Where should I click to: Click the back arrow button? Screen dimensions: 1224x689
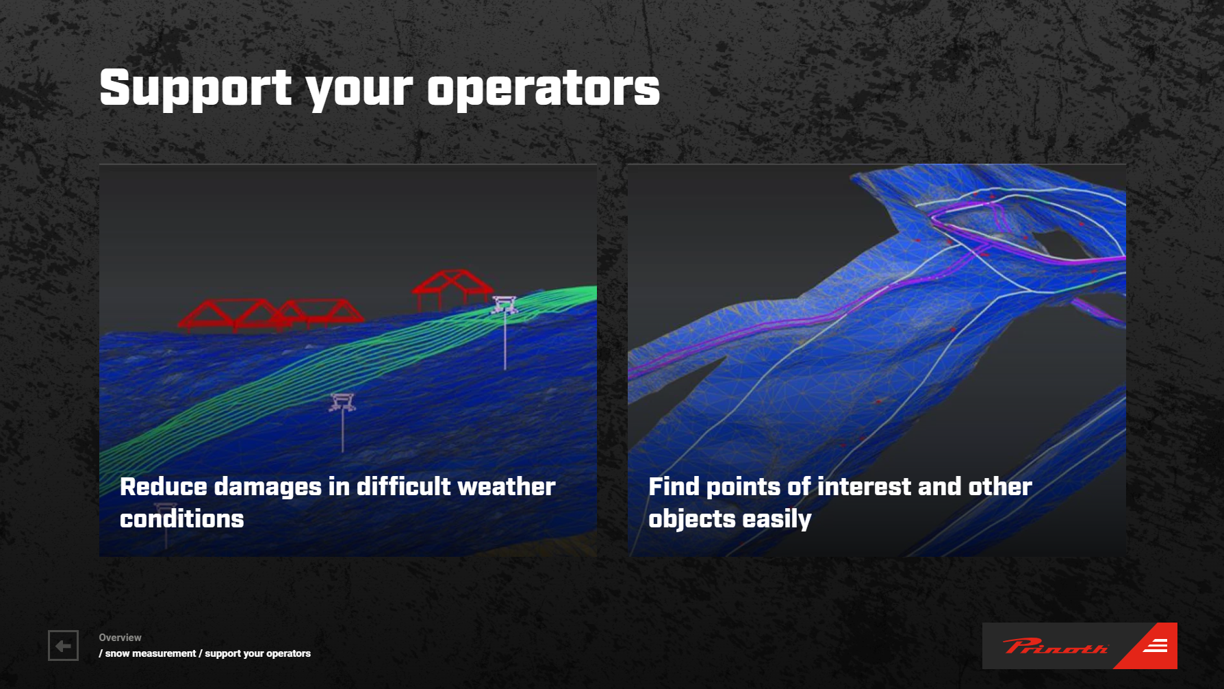coord(63,645)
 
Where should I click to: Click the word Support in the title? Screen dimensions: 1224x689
coord(196,88)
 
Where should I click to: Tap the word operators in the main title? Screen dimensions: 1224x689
coord(544,88)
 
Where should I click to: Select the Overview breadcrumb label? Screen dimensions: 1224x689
coord(120,638)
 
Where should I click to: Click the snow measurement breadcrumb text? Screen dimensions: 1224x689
coord(150,653)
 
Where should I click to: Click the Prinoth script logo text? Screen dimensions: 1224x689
coord(1055,646)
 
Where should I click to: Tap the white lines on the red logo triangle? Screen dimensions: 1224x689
coord(1156,645)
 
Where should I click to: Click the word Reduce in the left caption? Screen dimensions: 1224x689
coord(163,486)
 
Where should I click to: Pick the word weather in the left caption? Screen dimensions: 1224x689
coord(507,486)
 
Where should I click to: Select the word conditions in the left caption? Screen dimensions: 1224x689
coord(182,518)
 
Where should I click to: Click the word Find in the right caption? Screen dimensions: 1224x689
coord(674,486)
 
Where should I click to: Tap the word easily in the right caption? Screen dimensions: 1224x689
coord(777,520)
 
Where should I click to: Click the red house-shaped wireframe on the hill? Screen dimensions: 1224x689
coord(452,287)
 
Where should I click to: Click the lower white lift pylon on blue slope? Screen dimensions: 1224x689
coord(342,421)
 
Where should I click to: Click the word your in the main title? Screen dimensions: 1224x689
coord(359,91)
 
